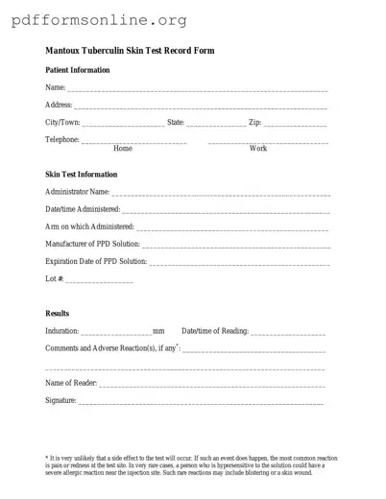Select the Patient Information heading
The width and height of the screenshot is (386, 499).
(x=78, y=70)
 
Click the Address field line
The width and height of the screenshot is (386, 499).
(x=201, y=107)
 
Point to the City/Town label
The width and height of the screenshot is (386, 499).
(x=62, y=123)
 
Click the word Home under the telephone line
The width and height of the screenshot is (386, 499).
(x=123, y=149)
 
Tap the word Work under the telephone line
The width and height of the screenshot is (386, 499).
(x=258, y=149)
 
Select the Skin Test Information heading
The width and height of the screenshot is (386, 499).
(x=82, y=175)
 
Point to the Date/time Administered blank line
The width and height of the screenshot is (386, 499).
(x=226, y=210)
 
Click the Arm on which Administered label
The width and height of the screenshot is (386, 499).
(x=89, y=226)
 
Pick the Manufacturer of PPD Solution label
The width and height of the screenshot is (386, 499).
(x=92, y=244)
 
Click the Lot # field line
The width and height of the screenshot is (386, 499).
(x=100, y=280)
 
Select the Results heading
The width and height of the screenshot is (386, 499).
(x=58, y=314)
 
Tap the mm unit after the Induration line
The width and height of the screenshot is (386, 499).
(x=158, y=331)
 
